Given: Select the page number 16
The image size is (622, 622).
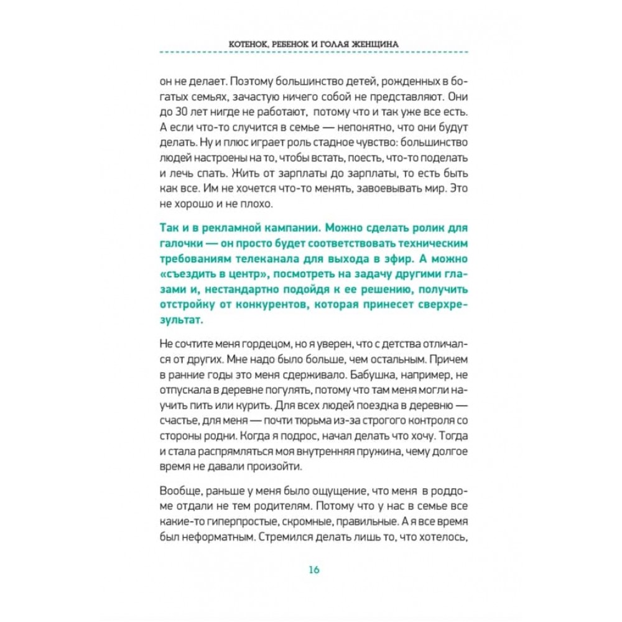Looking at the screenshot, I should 313,570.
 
